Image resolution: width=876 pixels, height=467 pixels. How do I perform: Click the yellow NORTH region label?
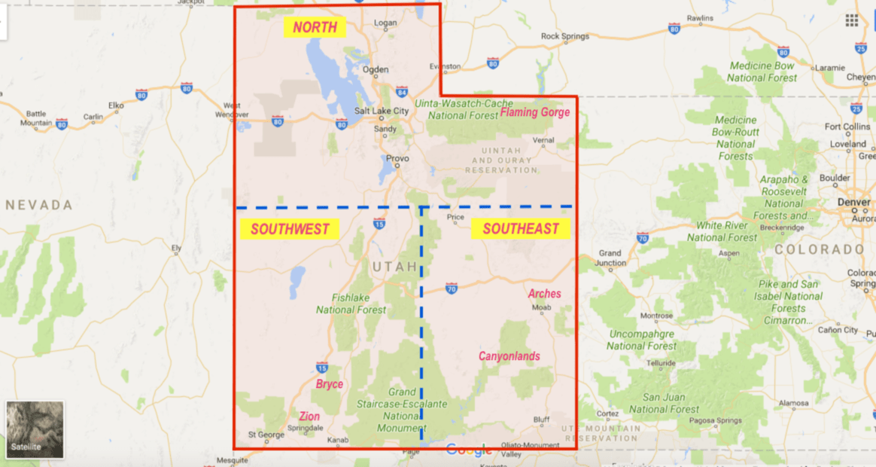[x=315, y=28]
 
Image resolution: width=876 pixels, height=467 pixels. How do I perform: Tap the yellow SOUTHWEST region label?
[x=290, y=229]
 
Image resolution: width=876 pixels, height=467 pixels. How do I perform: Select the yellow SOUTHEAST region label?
[x=521, y=229]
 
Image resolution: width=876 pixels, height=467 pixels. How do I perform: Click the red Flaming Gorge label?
[x=535, y=113]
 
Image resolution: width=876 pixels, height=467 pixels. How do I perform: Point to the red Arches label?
[x=544, y=294]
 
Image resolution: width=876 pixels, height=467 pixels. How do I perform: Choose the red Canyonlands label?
[x=509, y=356]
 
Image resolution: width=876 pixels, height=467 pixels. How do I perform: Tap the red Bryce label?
[x=329, y=384]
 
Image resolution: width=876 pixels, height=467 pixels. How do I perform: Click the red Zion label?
[x=309, y=417]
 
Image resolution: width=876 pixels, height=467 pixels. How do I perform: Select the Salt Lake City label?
[x=382, y=111]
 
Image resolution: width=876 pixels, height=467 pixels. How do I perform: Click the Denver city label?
[x=853, y=203]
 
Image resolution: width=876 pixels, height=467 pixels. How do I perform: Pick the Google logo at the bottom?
[x=468, y=450]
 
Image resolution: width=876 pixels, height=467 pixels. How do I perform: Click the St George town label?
[x=266, y=435]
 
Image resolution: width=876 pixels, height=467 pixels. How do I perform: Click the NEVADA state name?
[x=38, y=205]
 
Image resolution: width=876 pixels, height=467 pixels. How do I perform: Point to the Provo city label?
[x=397, y=159]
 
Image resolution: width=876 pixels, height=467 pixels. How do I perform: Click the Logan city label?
[x=385, y=23]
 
